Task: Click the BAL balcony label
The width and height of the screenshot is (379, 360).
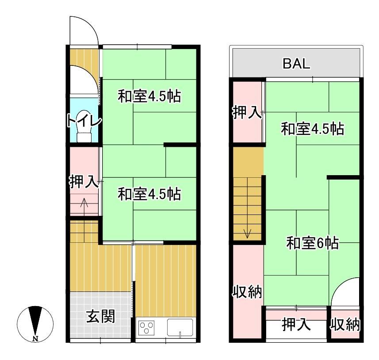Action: tap(296, 64)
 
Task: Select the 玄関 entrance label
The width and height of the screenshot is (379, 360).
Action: tap(100, 316)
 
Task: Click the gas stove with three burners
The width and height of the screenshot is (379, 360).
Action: tap(146, 327)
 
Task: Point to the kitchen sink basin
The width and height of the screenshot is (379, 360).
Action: tap(180, 327)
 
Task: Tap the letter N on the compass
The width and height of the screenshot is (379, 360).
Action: tap(35, 339)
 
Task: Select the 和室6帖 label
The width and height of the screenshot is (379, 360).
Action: tap(312, 243)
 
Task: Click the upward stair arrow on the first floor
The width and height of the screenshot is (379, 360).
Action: tap(84, 207)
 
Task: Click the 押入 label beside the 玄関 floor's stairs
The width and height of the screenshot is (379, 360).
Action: tap(84, 181)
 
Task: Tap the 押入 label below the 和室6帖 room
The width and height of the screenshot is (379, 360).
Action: tap(296, 324)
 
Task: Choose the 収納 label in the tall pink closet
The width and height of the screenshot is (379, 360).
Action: tap(247, 291)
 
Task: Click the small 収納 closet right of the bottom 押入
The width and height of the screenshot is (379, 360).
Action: tap(345, 324)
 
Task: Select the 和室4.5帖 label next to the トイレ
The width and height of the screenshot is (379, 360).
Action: tap(149, 96)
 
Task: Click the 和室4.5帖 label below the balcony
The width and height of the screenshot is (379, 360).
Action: tap(312, 129)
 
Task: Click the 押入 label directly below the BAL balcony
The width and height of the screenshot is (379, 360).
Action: tap(247, 112)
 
